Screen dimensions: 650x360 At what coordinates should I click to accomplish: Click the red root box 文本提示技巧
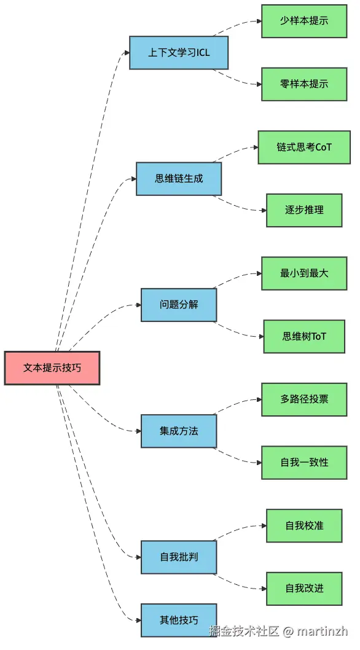point(52,368)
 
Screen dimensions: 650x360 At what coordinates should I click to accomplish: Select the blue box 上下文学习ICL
point(179,53)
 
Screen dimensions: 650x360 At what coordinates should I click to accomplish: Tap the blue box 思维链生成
point(179,179)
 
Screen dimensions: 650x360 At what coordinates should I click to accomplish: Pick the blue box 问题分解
point(179,305)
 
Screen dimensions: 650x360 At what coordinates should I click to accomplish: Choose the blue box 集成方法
point(179,431)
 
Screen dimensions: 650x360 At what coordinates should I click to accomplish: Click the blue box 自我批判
point(179,557)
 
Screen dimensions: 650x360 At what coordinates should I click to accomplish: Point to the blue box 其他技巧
point(179,621)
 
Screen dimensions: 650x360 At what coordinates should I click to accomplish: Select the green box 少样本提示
point(304,21)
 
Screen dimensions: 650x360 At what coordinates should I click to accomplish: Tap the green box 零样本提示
point(304,84)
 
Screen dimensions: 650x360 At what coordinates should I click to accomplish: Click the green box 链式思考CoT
point(304,147)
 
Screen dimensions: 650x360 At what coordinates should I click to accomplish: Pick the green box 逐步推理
point(304,210)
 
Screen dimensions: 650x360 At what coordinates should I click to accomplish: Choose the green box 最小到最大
point(304,273)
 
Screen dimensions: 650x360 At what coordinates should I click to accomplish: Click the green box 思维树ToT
point(304,337)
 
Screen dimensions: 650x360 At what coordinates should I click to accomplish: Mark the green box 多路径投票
point(304,399)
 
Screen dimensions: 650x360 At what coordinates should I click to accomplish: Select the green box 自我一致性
point(304,463)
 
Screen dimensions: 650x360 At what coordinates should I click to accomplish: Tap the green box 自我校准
point(304,526)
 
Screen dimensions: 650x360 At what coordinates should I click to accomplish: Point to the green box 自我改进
point(304,589)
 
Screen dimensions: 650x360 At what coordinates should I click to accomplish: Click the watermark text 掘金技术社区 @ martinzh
point(278,632)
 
